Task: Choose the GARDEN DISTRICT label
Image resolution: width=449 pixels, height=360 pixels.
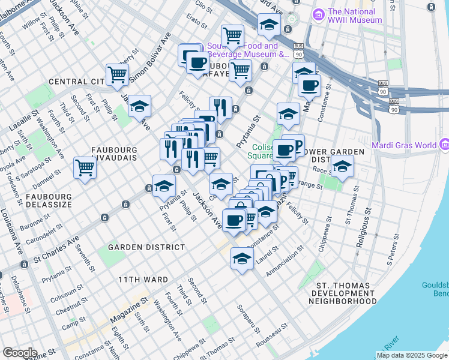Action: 146,247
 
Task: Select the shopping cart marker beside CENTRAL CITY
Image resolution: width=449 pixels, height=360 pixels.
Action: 118,74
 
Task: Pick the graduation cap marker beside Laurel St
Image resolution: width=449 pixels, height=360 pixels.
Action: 242,259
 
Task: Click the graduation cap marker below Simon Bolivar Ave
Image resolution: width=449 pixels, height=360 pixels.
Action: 139,106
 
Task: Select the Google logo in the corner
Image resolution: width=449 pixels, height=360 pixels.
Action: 19,353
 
